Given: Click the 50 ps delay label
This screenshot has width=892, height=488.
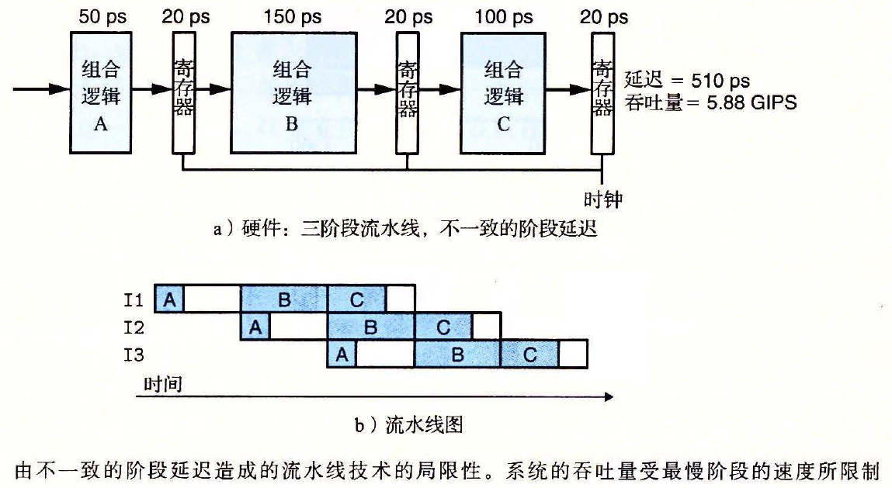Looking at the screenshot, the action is [100, 17].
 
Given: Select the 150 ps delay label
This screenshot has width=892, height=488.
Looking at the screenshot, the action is [291, 17].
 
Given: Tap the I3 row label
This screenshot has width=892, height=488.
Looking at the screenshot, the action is [134, 355].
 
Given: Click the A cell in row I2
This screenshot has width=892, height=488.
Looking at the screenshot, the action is [255, 327].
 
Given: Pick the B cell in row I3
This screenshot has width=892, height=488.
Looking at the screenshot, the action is [457, 355].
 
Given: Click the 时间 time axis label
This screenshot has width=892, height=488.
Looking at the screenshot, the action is [162, 383].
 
